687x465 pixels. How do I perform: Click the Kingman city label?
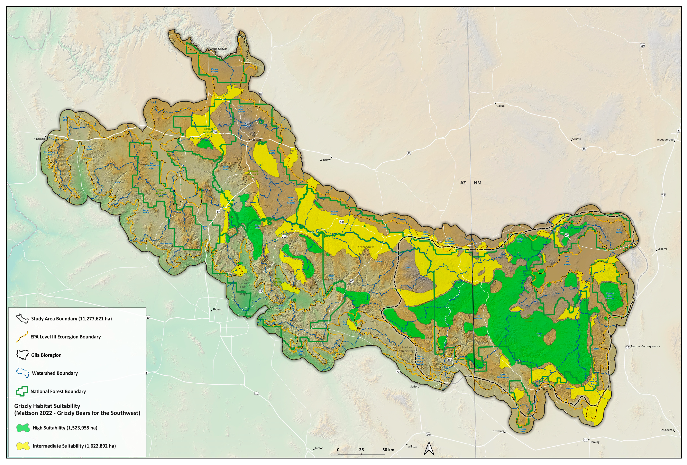39,139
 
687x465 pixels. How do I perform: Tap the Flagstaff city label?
256,139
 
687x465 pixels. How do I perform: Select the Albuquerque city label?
665,139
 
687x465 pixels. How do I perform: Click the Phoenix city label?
217,309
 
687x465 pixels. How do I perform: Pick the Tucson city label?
319,448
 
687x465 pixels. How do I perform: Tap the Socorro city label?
662,249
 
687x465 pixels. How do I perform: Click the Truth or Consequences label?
645,346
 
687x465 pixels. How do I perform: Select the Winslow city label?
325,160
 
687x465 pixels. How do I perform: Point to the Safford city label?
414,386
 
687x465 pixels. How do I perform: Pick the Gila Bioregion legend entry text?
46,355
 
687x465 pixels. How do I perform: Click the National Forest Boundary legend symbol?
22,391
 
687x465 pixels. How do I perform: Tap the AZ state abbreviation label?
463,183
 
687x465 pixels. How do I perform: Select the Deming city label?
594,442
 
